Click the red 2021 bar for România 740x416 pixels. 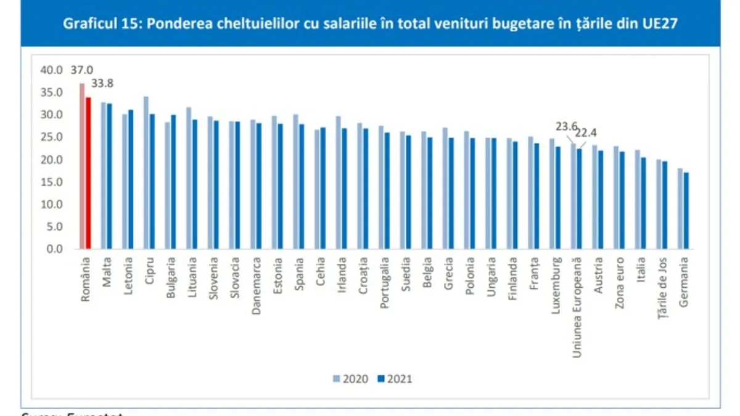tap(88, 173)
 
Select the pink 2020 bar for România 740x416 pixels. tap(82, 166)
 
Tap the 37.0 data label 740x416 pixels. tap(81, 70)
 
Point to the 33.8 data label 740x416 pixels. tap(102, 83)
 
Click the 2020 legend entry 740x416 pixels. tap(351, 378)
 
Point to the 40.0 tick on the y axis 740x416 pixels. tap(52, 70)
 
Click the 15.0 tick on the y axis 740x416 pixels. tap(52, 182)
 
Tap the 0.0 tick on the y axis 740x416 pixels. tap(54, 249)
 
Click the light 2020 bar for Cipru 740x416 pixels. tap(146, 173)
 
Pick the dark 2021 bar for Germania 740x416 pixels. tap(686, 211)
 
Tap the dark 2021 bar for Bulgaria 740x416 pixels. tap(173, 182)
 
